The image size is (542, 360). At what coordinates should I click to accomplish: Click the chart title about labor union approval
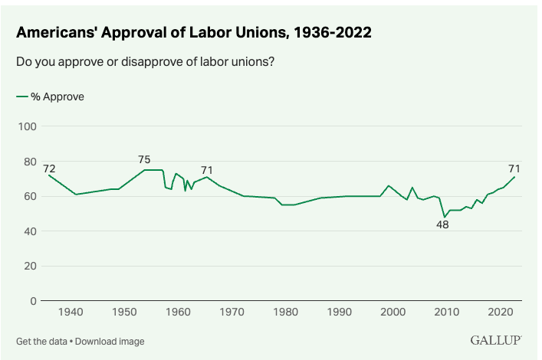[195, 34]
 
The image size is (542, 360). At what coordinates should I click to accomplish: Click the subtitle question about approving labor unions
[146, 62]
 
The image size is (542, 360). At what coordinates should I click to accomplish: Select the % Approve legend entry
[51, 97]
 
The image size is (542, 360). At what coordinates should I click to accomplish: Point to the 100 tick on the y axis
[27, 126]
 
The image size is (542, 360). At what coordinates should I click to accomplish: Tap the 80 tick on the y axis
[30, 162]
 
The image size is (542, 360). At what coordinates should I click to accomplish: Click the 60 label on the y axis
[30, 196]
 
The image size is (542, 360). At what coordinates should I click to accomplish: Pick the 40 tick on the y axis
[30, 231]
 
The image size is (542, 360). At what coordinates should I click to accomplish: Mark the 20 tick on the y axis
[30, 267]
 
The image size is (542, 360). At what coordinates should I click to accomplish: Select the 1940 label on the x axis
[71, 313]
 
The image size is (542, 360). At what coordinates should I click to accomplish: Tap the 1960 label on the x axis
[178, 313]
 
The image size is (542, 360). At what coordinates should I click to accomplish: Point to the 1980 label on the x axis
[285, 313]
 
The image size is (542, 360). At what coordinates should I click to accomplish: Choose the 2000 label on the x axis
[393, 313]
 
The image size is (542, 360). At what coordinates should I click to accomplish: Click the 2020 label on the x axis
[500, 313]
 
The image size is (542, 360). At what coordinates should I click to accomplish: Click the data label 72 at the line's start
[49, 169]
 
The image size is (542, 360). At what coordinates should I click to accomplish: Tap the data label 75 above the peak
[144, 159]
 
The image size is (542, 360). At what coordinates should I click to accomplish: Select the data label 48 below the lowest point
[442, 225]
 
